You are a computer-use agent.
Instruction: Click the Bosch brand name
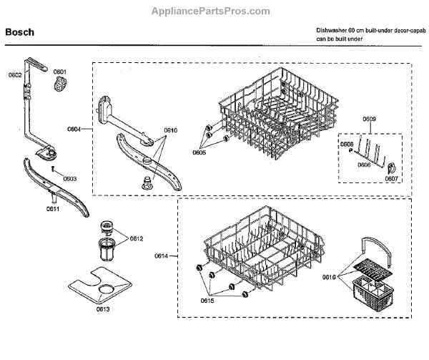pyautogui.click(x=20, y=32)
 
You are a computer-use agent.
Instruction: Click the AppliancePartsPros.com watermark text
pyautogui.click(x=212, y=11)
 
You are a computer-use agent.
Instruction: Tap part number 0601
pyautogui.click(x=59, y=72)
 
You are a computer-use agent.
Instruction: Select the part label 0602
pyautogui.click(x=15, y=74)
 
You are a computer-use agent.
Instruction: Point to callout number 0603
pyautogui.click(x=70, y=178)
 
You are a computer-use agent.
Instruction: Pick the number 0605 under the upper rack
pyautogui.click(x=199, y=152)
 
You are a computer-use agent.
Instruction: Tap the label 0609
pyautogui.click(x=369, y=118)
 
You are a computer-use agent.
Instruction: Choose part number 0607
pyautogui.click(x=390, y=179)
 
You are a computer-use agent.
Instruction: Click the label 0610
pyautogui.click(x=171, y=131)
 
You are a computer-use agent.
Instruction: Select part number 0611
pyautogui.click(x=53, y=208)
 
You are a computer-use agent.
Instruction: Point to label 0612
pyautogui.click(x=137, y=238)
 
